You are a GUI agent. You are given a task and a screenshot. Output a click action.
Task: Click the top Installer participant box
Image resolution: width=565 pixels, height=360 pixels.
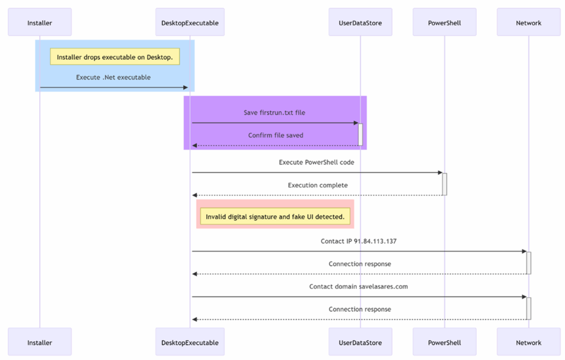[40, 23]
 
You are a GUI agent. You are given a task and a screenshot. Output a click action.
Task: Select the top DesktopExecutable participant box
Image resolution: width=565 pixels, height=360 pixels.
[190, 23]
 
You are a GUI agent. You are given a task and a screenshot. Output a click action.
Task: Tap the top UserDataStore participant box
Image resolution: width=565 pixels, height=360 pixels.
[360, 23]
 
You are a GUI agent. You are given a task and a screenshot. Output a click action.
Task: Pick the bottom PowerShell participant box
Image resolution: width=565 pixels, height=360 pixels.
[444, 342]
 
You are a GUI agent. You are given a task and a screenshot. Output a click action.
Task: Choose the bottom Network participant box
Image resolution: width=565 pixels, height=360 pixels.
[529, 342]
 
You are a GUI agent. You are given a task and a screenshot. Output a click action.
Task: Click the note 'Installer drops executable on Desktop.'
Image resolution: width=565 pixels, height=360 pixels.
[115, 57]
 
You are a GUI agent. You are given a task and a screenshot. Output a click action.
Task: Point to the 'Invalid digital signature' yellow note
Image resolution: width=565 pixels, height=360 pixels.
[275, 216]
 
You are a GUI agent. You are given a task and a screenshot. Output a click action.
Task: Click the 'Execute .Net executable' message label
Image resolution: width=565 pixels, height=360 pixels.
[113, 77]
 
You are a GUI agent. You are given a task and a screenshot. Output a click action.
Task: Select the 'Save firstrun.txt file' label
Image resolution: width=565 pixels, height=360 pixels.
[274, 113]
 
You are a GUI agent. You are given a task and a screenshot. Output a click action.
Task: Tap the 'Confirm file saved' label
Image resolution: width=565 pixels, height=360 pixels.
[276, 135]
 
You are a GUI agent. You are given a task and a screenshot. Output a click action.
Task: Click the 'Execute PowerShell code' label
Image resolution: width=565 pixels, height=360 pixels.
[316, 162]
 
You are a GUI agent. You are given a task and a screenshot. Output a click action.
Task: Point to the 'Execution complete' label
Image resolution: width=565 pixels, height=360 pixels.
[318, 185]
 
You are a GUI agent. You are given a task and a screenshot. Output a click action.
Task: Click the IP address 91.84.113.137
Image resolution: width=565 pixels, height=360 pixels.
[375, 241]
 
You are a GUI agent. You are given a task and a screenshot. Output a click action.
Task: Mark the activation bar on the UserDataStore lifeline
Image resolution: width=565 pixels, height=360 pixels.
[360, 135]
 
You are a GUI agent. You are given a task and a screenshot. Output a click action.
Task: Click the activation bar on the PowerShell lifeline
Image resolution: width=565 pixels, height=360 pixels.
[445, 184]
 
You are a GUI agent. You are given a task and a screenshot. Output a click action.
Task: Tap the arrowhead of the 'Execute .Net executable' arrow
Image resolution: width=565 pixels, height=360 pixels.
[186, 87]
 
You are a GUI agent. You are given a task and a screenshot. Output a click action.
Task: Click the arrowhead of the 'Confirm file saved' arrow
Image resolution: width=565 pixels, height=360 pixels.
[195, 145]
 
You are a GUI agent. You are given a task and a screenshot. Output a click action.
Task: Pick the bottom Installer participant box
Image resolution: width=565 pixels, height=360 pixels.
[40, 342]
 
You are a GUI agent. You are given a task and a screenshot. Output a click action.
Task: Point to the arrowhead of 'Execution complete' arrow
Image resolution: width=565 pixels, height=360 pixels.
[195, 195]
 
